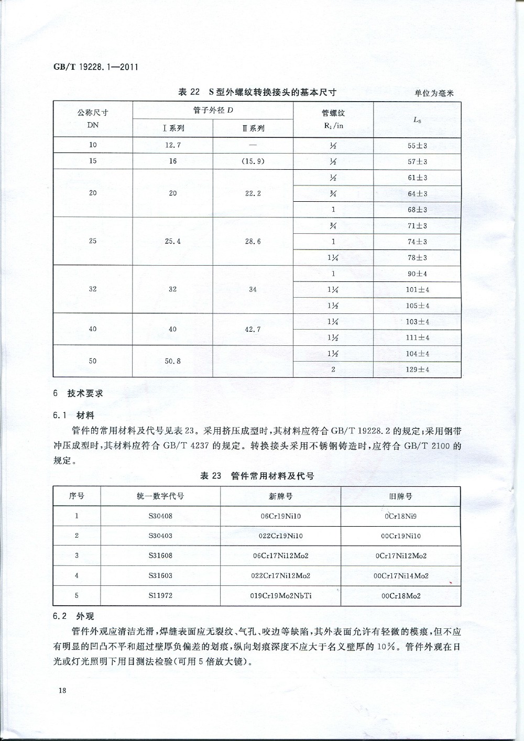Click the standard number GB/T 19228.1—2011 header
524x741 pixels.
pos(96,68)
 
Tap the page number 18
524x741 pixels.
pos(62,690)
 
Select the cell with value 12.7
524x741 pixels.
pos(173,145)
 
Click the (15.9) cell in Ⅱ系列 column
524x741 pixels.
pos(253,161)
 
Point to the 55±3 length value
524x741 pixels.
pos(418,146)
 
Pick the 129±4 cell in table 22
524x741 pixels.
pos(418,369)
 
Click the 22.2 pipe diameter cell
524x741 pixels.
pos(253,193)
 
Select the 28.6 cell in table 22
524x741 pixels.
pos(253,242)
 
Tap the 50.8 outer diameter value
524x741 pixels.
pos(173,361)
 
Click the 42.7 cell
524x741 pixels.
pos(253,329)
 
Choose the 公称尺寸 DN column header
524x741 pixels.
pos(93,119)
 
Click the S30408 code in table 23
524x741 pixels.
pos(160,516)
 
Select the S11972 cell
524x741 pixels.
pos(160,595)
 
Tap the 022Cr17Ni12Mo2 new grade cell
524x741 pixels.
pos(281,575)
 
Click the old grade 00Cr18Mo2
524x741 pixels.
pos(401,595)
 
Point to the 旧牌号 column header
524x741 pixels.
pos(401,496)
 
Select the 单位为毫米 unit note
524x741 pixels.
pos(434,93)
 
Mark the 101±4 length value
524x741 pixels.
pos(418,290)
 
